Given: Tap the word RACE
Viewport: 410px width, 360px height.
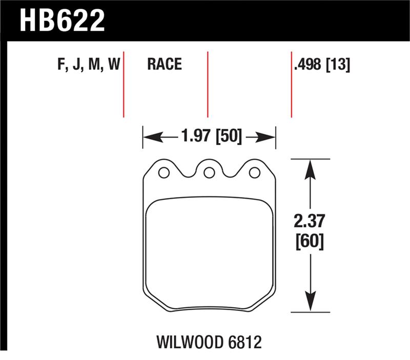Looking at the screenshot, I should (x=165, y=64).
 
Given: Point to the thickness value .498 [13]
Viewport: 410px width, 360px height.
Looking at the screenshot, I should (x=322, y=65).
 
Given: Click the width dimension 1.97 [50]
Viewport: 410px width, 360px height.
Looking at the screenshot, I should (x=211, y=137).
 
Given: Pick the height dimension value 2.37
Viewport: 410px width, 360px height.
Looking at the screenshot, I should (x=310, y=224).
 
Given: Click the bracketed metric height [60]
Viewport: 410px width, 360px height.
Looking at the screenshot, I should (x=310, y=242).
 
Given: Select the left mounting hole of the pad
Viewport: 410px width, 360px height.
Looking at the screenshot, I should (x=163, y=173).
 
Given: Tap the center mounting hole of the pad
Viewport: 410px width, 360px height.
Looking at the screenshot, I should (x=209, y=173).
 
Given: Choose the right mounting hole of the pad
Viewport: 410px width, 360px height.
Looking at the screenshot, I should (x=254, y=173).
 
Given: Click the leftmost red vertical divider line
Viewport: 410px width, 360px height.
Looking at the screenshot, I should (x=124, y=84).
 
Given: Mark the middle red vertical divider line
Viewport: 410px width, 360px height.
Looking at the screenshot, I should (x=208, y=84).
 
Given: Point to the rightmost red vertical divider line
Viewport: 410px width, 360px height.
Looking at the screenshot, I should (x=292, y=84).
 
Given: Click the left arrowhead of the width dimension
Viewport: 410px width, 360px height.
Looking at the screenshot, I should (x=149, y=137).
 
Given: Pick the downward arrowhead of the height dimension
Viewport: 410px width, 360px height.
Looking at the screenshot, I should (x=310, y=303).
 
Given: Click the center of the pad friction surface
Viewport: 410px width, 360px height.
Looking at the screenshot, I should (x=209, y=254).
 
